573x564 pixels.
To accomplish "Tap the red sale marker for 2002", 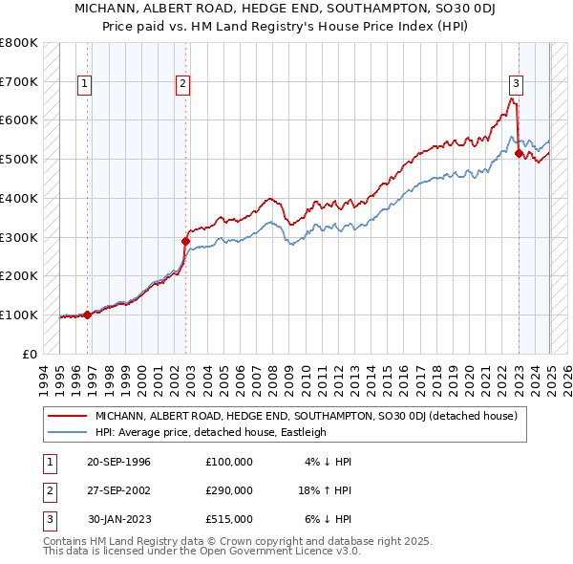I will tap(185, 241).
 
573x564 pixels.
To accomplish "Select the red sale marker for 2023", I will tap(519, 153).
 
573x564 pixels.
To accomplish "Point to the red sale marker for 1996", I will tap(88, 315).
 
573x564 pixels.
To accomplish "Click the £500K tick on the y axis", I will tap(19, 159).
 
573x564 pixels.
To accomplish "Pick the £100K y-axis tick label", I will tap(19, 315).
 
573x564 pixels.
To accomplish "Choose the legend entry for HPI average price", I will tap(210, 432).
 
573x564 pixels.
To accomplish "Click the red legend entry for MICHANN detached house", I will tap(306, 416).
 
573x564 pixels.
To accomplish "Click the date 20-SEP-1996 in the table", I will tap(118, 462).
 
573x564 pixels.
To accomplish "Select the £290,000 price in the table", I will tap(229, 490).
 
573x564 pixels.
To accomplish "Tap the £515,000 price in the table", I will tap(229, 519).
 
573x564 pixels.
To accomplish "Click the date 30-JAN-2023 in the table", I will tap(118, 519).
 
